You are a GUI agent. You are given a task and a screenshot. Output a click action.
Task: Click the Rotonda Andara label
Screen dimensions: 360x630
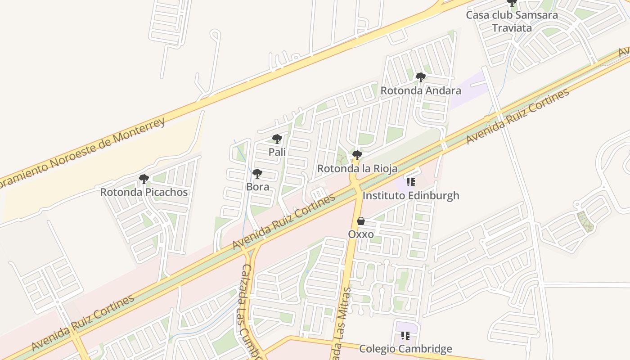421,90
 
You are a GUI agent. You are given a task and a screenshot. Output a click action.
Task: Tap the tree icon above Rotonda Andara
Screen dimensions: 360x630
421,77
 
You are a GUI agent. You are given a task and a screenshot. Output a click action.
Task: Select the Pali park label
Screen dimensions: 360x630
277,152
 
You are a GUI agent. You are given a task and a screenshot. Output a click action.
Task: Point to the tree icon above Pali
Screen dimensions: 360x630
277,139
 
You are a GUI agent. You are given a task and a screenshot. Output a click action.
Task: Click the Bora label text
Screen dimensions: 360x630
257,187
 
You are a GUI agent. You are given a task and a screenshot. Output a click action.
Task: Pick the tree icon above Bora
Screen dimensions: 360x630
257,174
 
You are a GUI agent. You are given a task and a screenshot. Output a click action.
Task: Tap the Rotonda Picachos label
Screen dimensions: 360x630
144,192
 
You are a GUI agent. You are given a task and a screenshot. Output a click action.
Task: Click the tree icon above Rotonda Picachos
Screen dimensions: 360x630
144,179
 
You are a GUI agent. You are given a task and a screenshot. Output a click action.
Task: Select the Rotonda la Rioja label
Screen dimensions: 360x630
357,169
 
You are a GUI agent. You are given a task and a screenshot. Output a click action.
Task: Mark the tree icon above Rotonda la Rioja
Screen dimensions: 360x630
357,156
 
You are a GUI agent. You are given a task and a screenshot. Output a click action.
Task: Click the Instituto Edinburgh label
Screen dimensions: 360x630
411,195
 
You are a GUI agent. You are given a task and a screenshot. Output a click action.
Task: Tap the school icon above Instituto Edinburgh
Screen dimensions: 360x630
410,182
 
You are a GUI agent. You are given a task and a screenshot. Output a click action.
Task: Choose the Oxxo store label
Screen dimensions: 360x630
361,234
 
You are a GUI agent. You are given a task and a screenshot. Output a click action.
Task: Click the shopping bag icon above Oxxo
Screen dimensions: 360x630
361,221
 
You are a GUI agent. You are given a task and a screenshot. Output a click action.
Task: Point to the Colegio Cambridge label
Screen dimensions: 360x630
405,349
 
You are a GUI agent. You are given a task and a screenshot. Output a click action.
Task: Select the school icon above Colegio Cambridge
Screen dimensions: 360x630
405,336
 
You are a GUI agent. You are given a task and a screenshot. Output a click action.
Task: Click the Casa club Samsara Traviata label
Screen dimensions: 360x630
512,21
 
